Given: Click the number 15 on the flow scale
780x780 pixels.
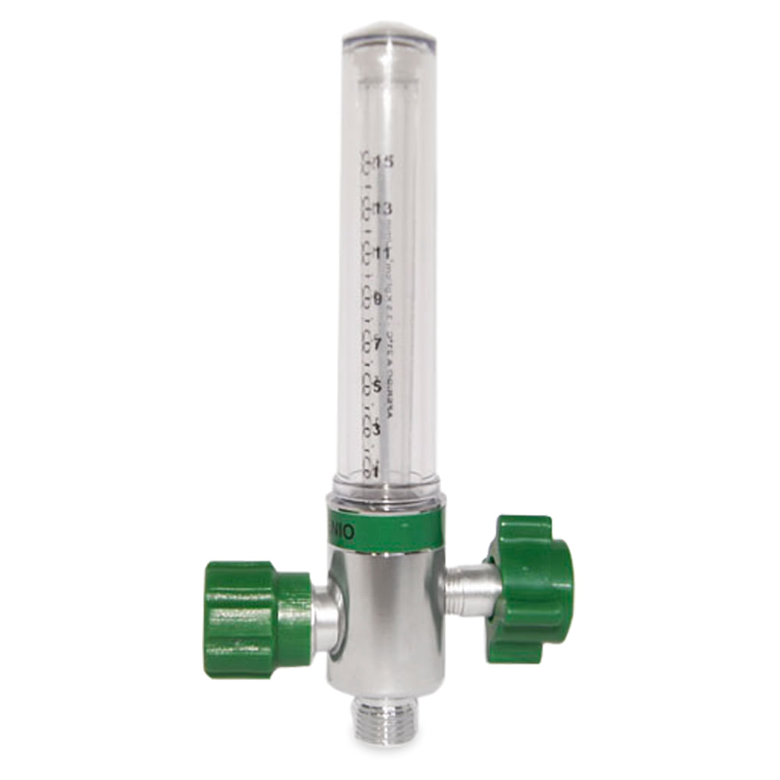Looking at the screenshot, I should (x=383, y=162).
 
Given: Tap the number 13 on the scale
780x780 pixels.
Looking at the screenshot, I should (x=382, y=208).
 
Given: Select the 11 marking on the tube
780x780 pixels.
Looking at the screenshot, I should (x=382, y=253).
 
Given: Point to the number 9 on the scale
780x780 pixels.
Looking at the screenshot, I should (x=378, y=299).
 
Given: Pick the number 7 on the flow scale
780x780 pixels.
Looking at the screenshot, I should (x=378, y=344).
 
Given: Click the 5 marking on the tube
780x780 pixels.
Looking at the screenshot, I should (x=378, y=388).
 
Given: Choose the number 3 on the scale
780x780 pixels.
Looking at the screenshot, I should (x=377, y=431).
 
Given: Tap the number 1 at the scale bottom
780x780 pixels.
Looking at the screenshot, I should (x=376, y=472).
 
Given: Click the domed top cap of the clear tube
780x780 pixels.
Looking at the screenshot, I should (x=388, y=35).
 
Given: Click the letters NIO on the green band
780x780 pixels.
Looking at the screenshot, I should (x=344, y=532).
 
